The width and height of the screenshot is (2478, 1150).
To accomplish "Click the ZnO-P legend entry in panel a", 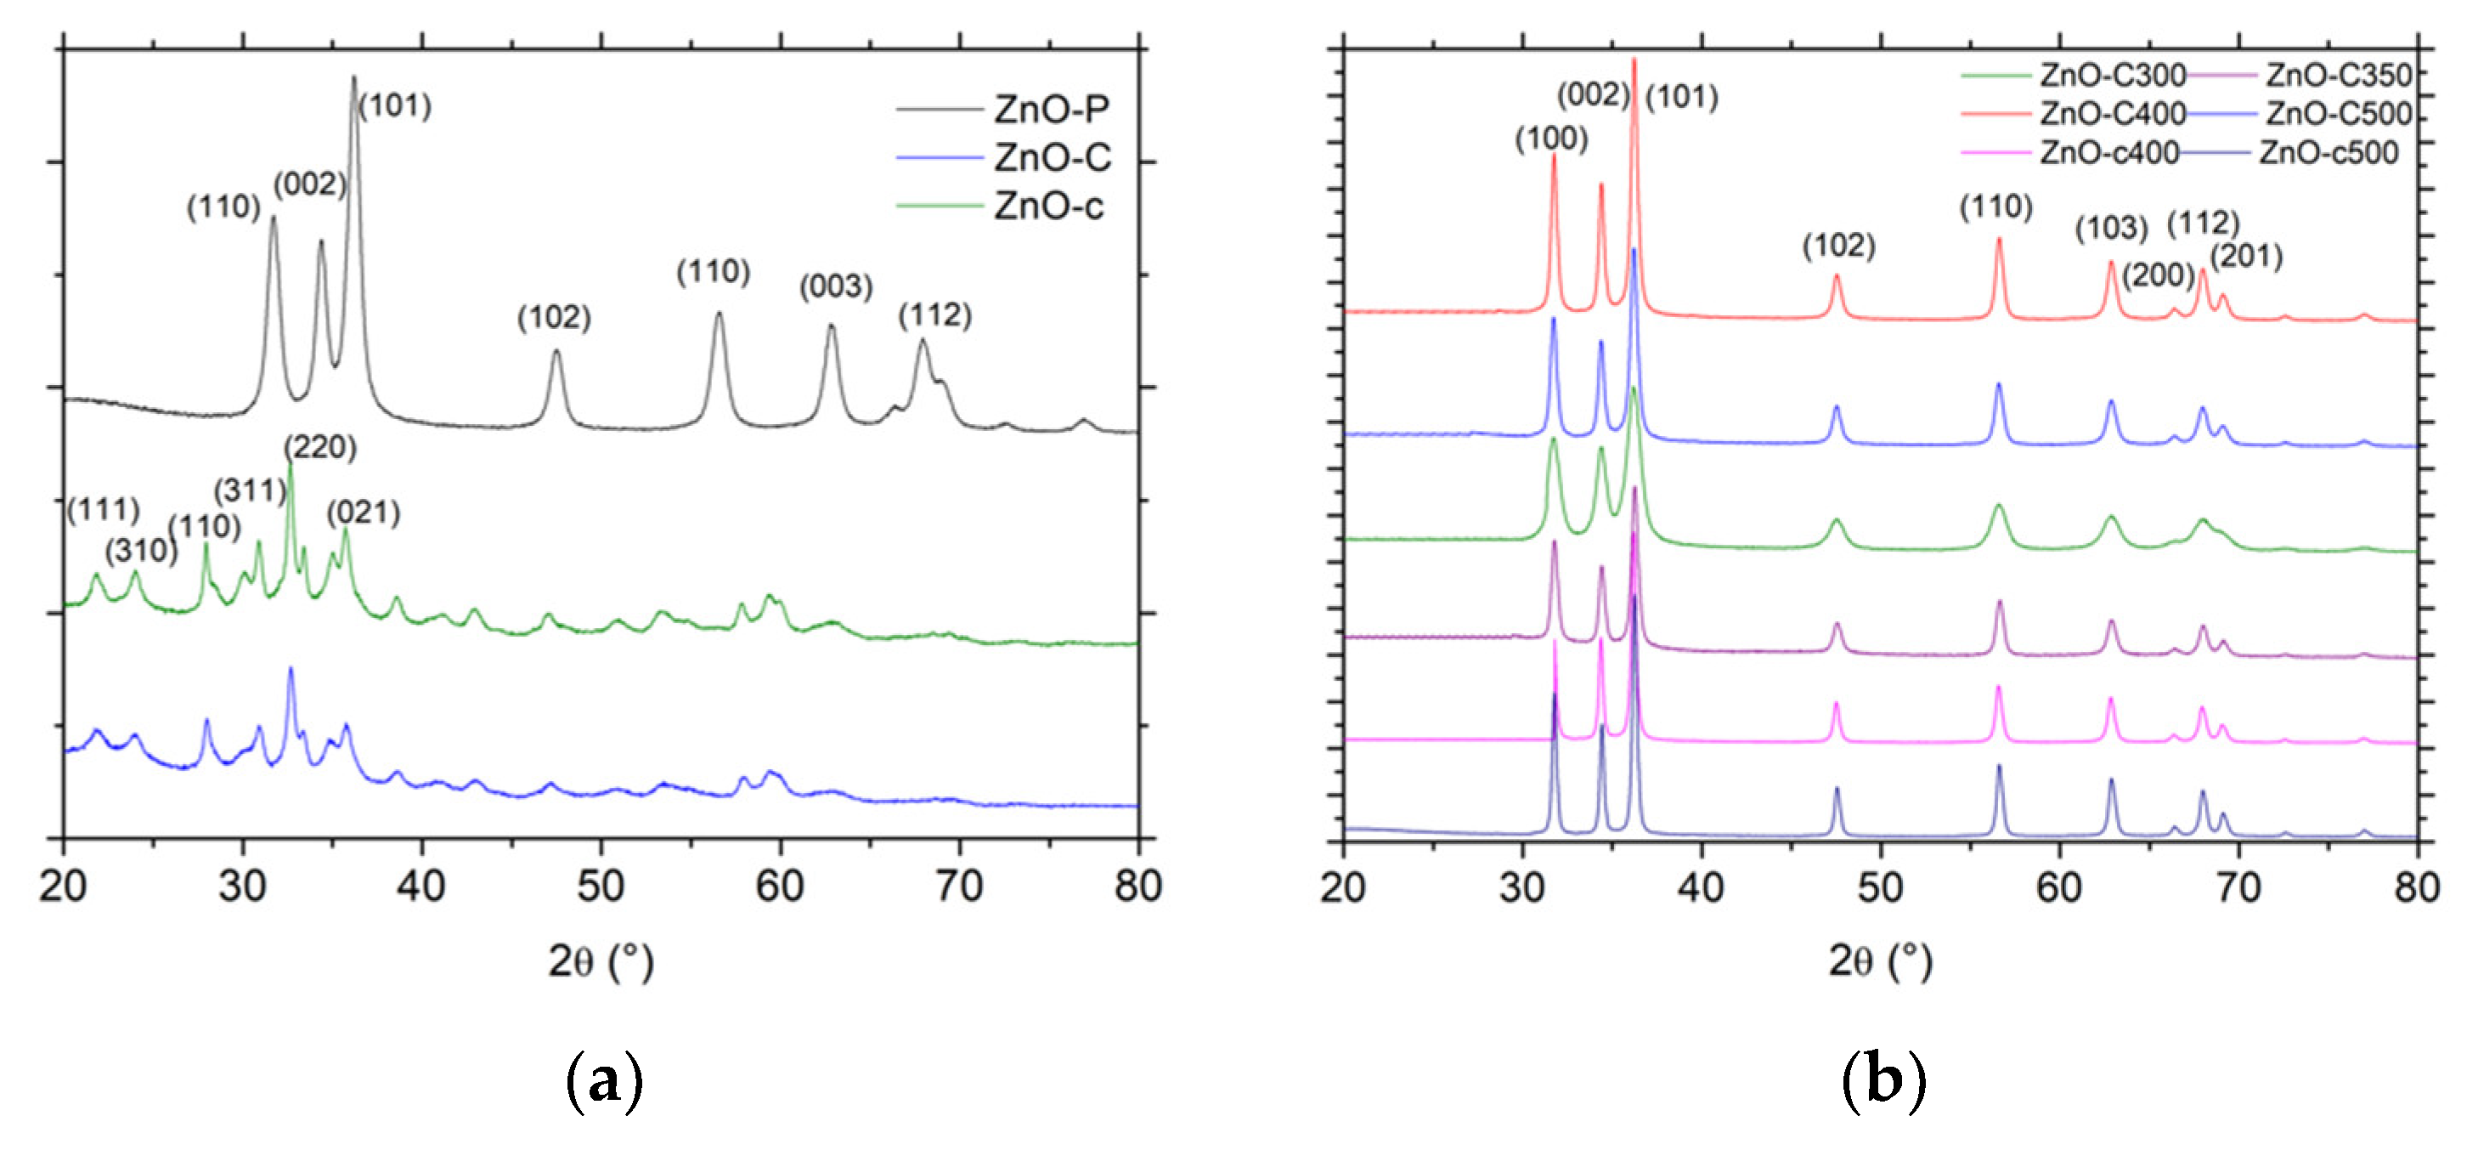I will tap(1052, 110).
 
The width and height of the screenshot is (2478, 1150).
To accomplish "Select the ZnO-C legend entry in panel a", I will tap(1053, 158).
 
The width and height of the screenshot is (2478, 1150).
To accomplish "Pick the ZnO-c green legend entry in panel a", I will tap(1048, 206).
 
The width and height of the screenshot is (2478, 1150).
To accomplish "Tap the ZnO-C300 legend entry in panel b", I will tap(2113, 75).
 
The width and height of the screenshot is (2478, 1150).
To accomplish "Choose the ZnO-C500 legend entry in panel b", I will tap(2339, 114).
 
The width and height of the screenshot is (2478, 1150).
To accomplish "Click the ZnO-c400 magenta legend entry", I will tap(2108, 152).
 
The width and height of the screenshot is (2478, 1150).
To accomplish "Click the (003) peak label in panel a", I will tap(836, 286).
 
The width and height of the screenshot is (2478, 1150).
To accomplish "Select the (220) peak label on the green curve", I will tap(320, 446).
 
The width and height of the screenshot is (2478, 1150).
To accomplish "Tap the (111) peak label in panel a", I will tap(103, 509).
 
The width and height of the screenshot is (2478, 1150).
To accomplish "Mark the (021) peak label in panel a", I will tap(364, 512).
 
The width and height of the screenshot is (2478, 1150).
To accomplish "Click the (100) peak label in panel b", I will tap(1550, 139).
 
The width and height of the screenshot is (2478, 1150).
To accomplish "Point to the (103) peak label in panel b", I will tap(2110, 228).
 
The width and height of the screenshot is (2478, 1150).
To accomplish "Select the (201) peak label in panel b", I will tap(2246, 256).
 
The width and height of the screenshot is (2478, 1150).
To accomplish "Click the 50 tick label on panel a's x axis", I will tap(601, 886).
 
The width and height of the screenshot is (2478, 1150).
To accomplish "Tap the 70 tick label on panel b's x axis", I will tap(2238, 886).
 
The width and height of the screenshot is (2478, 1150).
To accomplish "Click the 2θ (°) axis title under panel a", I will tap(601, 960).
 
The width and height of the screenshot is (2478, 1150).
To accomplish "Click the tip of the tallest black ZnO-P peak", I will tap(353, 77).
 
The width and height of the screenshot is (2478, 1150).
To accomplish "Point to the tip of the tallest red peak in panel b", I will tap(1634, 59).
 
